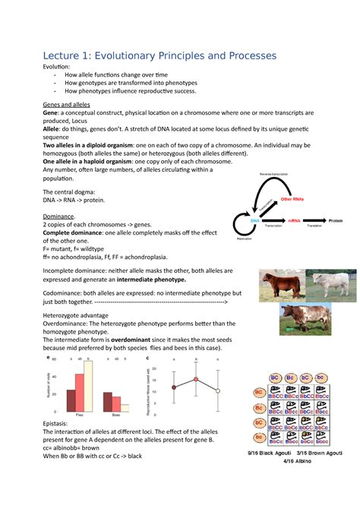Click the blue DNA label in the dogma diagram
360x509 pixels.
point(256,220)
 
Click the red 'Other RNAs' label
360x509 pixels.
point(292,199)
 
